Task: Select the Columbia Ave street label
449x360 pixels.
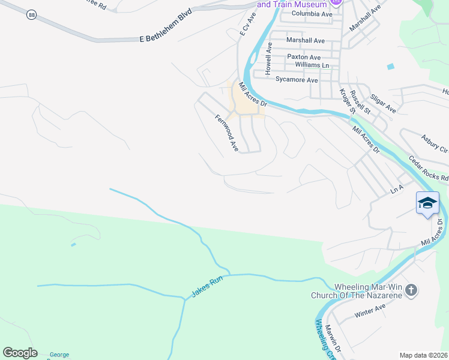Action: coord(312,13)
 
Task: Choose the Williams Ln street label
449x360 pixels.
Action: coord(312,65)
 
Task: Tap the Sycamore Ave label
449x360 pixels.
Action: coord(296,79)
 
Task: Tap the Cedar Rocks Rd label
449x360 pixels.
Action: coord(429,170)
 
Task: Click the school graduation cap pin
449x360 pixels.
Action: coord(427,203)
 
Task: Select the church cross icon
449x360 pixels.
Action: coord(411,291)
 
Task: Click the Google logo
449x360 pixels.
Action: coord(20,353)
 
